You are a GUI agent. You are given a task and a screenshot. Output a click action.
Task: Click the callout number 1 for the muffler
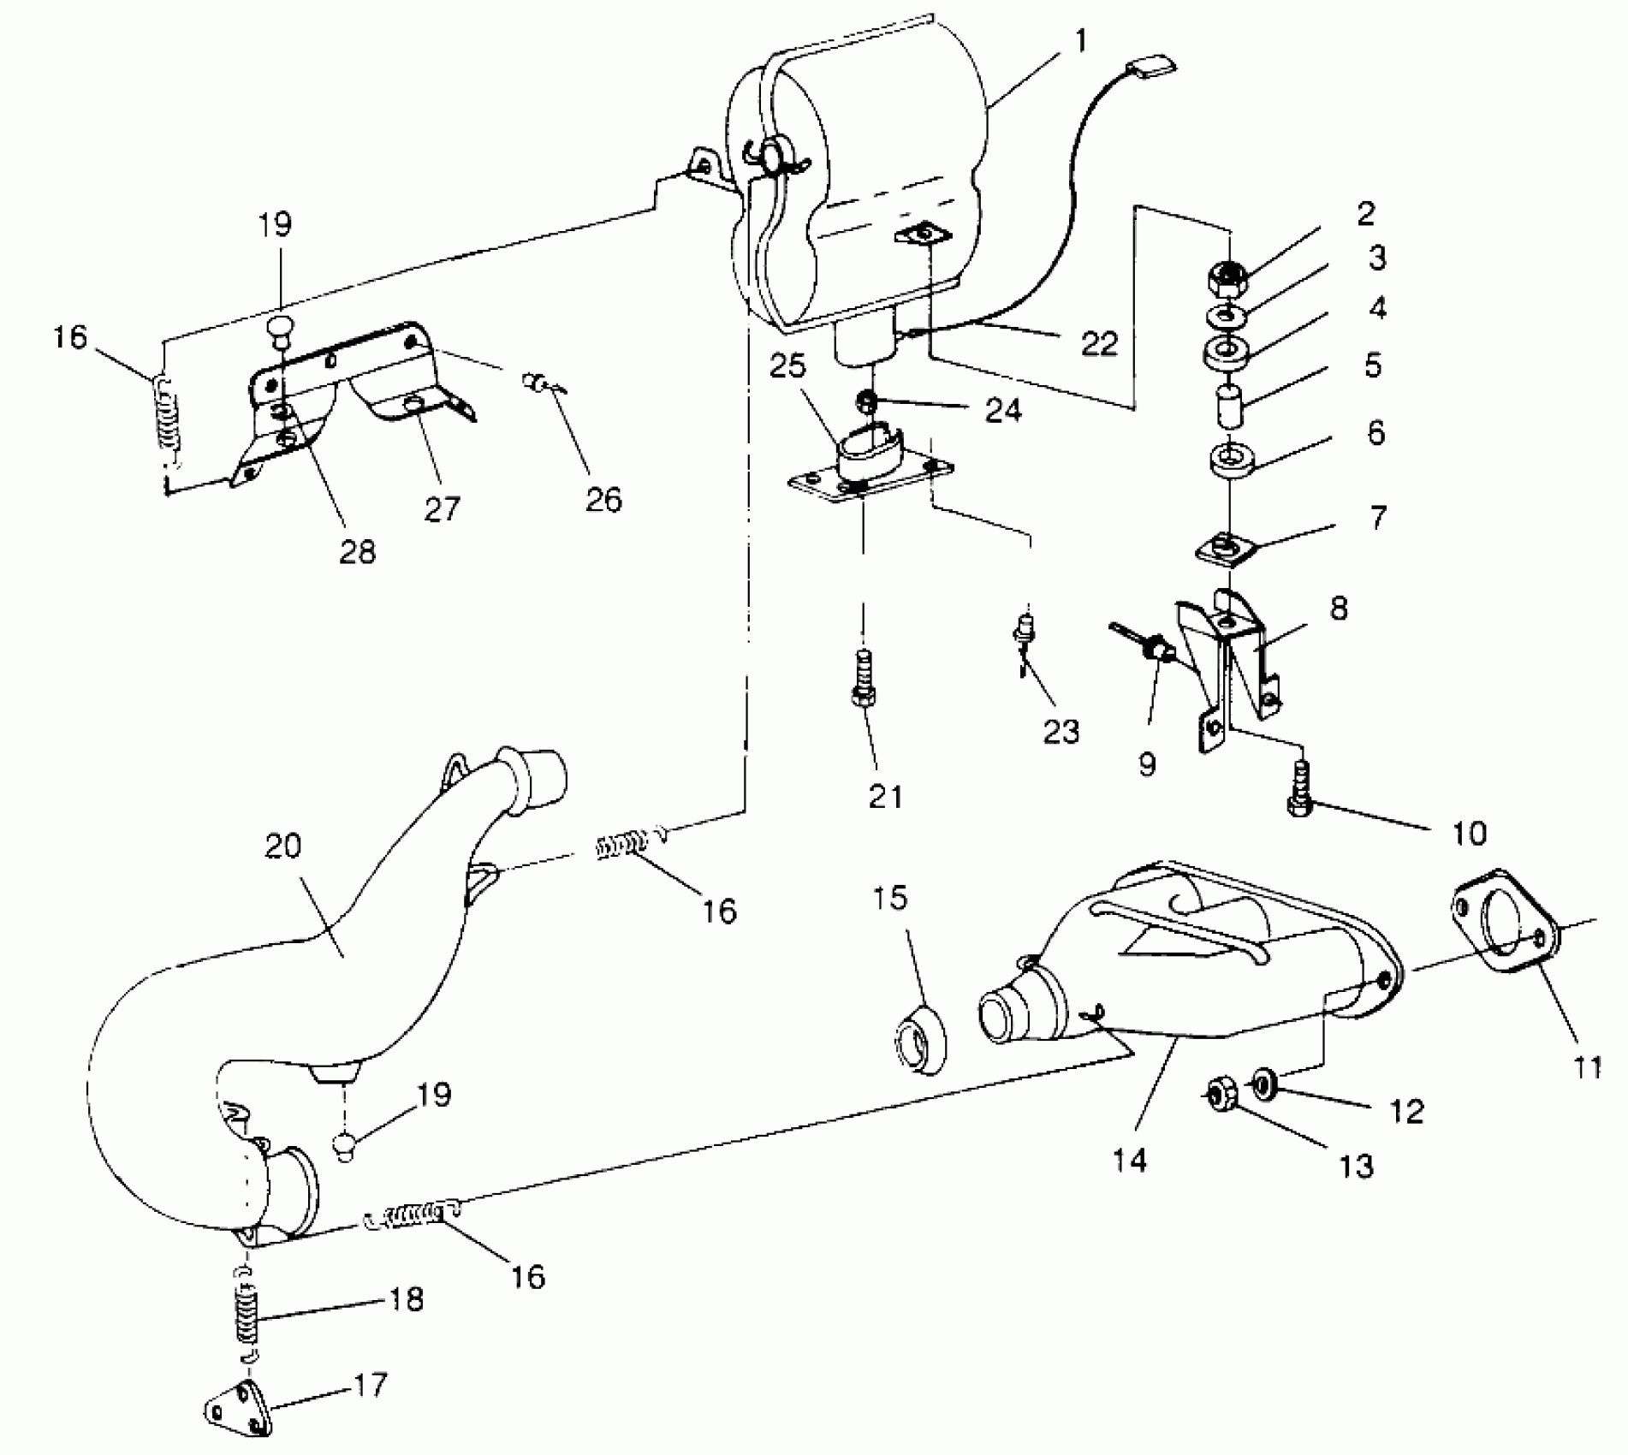click(1082, 41)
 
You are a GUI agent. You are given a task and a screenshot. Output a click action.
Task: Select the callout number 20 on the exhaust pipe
click(283, 846)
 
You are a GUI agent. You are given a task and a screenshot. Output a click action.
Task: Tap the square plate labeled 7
click(1227, 548)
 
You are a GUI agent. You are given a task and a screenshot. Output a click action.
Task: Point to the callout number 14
click(1128, 1161)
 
